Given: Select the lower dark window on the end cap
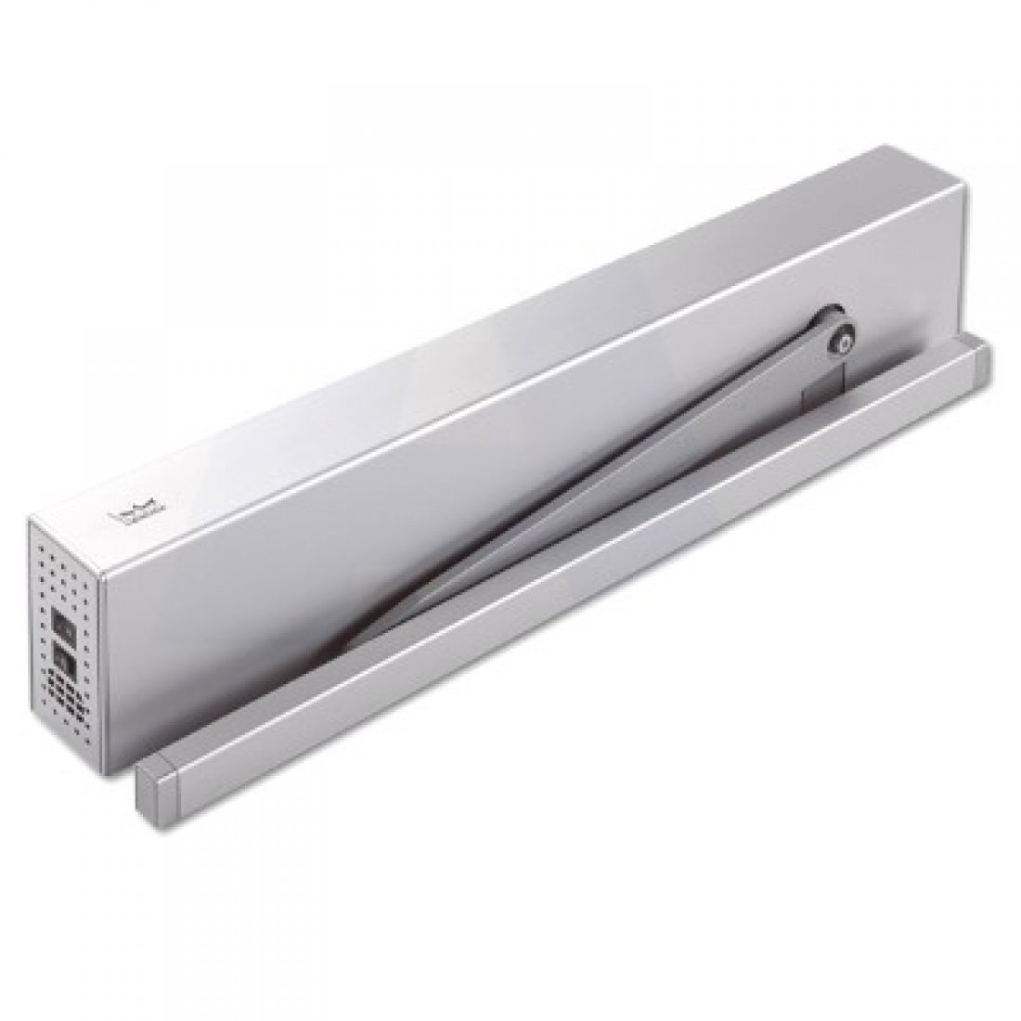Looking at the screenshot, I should click(x=62, y=658).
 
